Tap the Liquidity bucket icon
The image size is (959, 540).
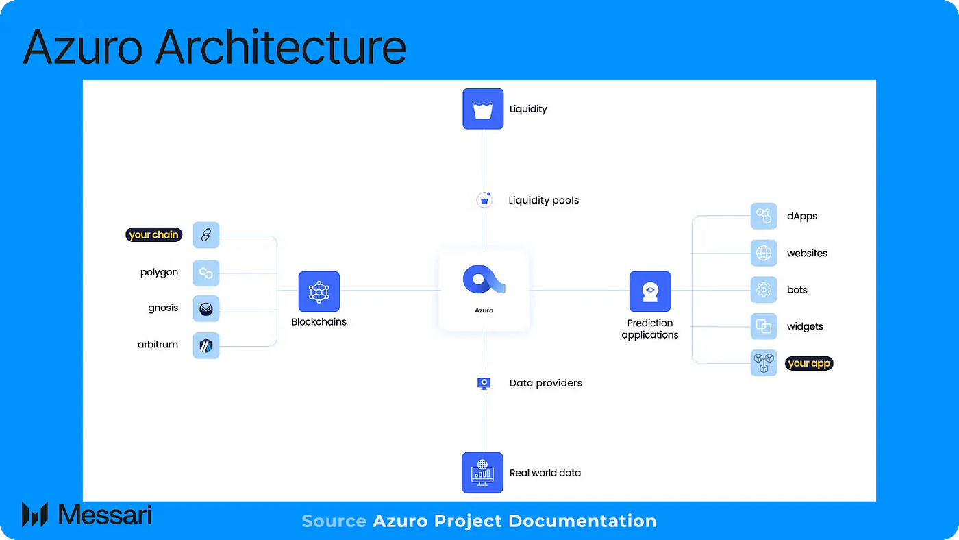(483, 108)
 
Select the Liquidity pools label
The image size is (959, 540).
(543, 200)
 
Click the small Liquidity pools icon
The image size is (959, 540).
(484, 200)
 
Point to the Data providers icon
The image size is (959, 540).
(484, 383)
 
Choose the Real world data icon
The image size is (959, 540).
(482, 472)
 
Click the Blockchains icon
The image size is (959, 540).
(319, 291)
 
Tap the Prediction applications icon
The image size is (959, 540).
(649, 291)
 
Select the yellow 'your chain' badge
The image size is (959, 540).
(153, 234)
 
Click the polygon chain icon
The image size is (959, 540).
(206, 273)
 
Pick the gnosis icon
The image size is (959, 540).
(206, 309)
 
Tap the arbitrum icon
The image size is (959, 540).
(206, 345)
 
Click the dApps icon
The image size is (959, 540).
(763, 216)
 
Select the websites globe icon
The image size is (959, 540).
(763, 253)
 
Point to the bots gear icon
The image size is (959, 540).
(763, 290)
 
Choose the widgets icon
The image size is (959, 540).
(763, 326)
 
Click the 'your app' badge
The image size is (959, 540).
(809, 363)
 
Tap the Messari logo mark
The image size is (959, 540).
(34, 514)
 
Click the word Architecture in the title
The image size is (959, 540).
(282, 47)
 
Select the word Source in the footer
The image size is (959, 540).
(334, 521)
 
